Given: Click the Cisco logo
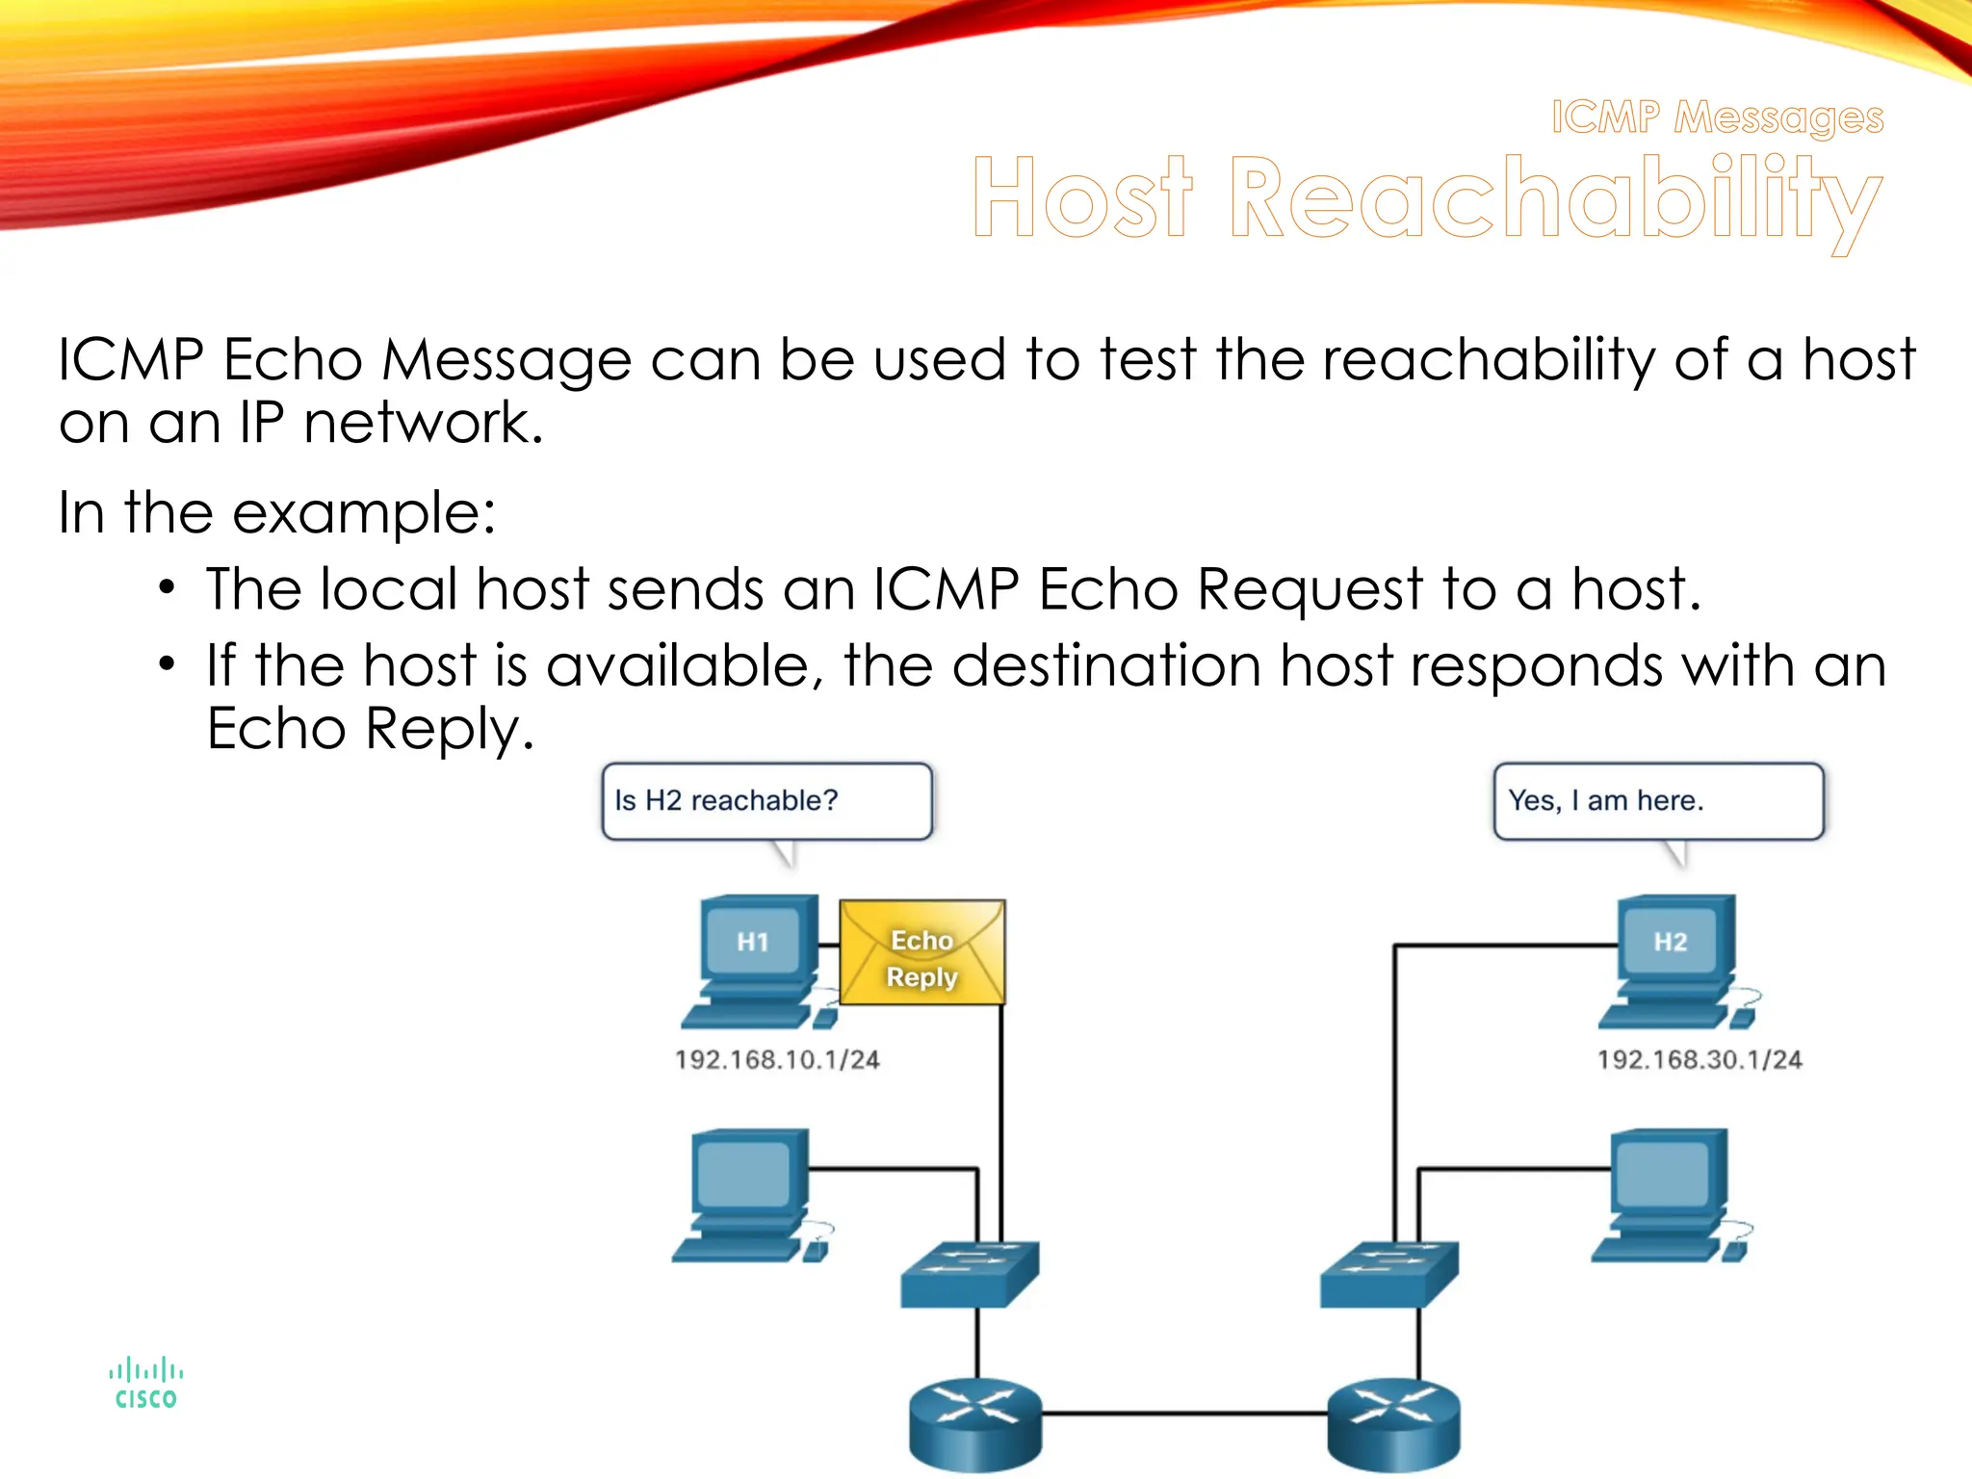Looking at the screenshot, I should coord(145,1385).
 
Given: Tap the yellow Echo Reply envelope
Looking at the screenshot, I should coord(921,953).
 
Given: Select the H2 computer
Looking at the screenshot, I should coord(1674,958).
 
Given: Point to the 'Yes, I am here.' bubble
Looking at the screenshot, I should coord(1657,801).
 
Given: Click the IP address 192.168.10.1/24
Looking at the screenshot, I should coord(777,1060).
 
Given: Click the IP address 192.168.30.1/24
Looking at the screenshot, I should coord(1700,1060).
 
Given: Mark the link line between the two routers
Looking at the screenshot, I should coord(1184,1414).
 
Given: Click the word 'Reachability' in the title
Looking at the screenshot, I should coord(1554,198).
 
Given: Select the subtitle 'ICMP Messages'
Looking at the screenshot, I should coord(1717,117).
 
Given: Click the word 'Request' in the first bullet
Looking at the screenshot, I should coord(1310,589).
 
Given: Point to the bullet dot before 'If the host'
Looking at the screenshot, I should coord(168,664).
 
